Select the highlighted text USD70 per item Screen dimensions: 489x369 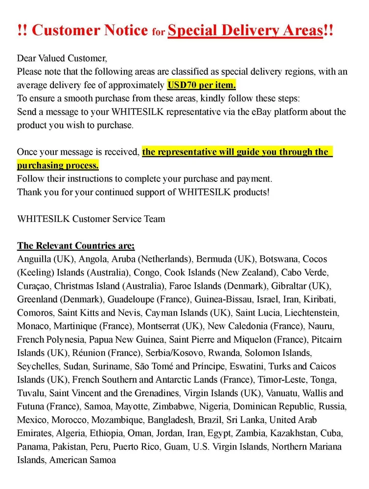[202, 85]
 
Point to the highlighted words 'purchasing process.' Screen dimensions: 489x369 [58, 165]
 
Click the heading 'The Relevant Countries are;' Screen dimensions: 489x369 [76, 245]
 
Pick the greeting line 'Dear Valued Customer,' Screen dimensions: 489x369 [62, 58]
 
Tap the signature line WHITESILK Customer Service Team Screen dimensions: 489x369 [91, 219]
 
